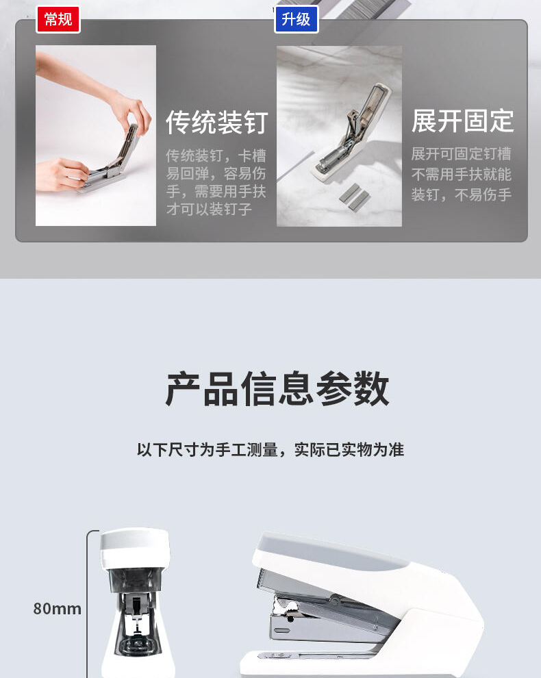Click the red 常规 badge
[x=58, y=19]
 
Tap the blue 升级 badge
[x=297, y=19]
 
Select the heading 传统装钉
[x=217, y=123]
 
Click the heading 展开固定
[x=462, y=121]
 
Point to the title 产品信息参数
[x=277, y=388]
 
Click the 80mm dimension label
[x=57, y=609]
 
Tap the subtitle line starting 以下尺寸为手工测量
[x=270, y=450]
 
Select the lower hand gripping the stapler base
[x=63, y=174]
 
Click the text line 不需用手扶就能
[x=462, y=174]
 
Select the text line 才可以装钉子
[x=209, y=210]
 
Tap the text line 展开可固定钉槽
[x=462, y=154]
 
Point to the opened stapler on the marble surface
[x=351, y=129]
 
